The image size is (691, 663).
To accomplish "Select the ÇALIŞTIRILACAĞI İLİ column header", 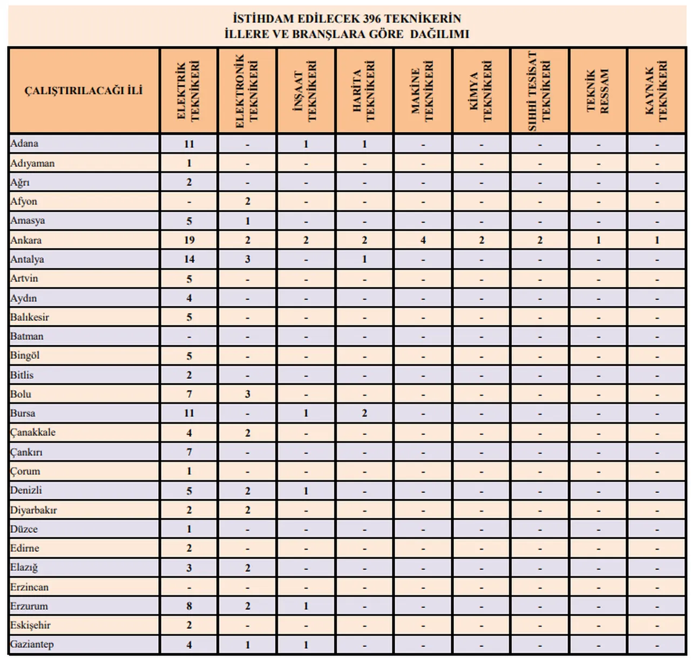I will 84,90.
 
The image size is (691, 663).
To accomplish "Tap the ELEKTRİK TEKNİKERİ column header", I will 188,90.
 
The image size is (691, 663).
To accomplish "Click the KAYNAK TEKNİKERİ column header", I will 656,90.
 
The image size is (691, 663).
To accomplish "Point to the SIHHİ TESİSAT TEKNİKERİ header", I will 539,90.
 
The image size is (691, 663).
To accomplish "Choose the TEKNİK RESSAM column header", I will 598,90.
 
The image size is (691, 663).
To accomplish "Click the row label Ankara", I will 26,240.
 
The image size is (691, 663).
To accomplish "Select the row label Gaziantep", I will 32,644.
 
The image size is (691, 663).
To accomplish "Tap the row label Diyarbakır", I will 33,510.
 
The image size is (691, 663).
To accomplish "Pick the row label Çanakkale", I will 33,432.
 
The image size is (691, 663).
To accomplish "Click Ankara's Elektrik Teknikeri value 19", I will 189,240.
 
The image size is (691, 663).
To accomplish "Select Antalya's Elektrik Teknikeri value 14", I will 189,259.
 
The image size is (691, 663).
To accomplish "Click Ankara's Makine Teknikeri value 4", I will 423,240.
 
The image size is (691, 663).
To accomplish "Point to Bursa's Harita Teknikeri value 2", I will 364,413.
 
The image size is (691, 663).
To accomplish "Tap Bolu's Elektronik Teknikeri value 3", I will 248,394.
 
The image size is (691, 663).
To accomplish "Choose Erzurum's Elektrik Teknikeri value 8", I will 189,606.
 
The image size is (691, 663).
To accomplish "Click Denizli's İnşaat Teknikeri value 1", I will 306,491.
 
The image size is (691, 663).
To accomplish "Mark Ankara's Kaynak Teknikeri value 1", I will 657,240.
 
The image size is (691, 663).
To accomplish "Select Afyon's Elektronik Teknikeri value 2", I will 248,202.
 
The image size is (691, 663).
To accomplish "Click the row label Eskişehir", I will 30,625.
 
